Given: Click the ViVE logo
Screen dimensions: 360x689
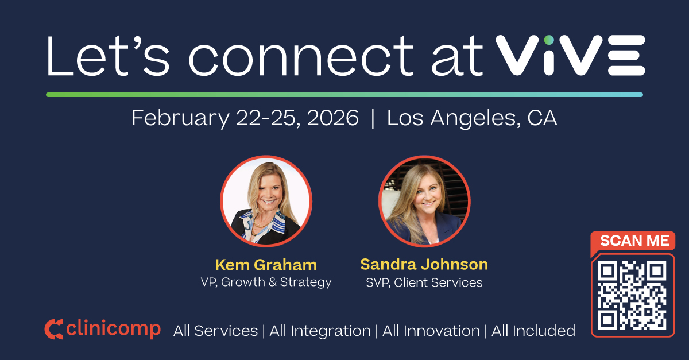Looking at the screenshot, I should tap(570, 55).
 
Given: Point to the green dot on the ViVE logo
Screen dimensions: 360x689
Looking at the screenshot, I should tap(549, 39).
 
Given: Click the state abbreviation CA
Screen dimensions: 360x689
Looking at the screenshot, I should tap(542, 118).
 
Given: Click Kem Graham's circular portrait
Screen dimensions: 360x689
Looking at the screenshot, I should tap(266, 201).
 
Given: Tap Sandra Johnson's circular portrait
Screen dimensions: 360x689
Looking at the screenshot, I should tap(424, 201).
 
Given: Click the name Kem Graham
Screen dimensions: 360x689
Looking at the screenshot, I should tap(266, 265).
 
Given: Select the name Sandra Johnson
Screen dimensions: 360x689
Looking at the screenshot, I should tap(424, 264).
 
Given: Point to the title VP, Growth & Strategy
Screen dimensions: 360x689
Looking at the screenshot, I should tap(266, 282).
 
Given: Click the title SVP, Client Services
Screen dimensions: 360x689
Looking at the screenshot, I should tap(424, 282).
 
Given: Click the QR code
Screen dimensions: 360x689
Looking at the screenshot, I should tap(632, 295).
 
